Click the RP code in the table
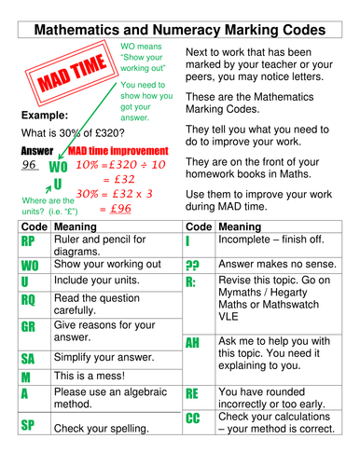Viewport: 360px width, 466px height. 28,243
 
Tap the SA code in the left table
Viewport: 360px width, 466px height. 28,359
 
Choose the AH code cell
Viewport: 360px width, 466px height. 194,343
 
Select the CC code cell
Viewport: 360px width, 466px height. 194,418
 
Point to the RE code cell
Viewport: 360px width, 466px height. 194,394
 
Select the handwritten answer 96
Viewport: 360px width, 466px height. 33,165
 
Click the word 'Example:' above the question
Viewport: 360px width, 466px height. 43,116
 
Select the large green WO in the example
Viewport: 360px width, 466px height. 58,167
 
